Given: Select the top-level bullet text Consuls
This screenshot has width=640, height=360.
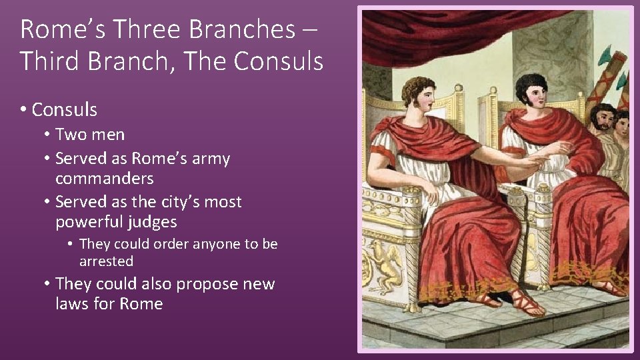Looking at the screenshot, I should [64, 110].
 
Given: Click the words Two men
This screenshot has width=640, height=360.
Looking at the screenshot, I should [90, 135].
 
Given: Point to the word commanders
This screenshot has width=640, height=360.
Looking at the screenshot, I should [105, 179].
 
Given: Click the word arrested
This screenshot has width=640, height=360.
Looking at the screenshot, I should [107, 261].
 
